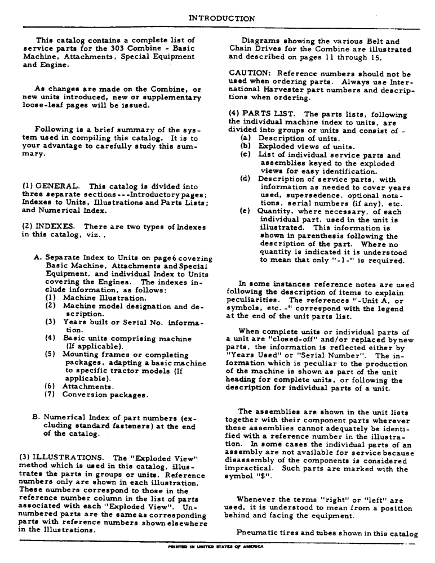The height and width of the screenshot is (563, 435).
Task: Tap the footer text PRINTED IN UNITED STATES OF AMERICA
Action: pyautogui.click(x=217, y=546)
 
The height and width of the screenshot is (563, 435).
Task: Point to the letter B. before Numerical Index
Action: pyautogui.click(x=37, y=418)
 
